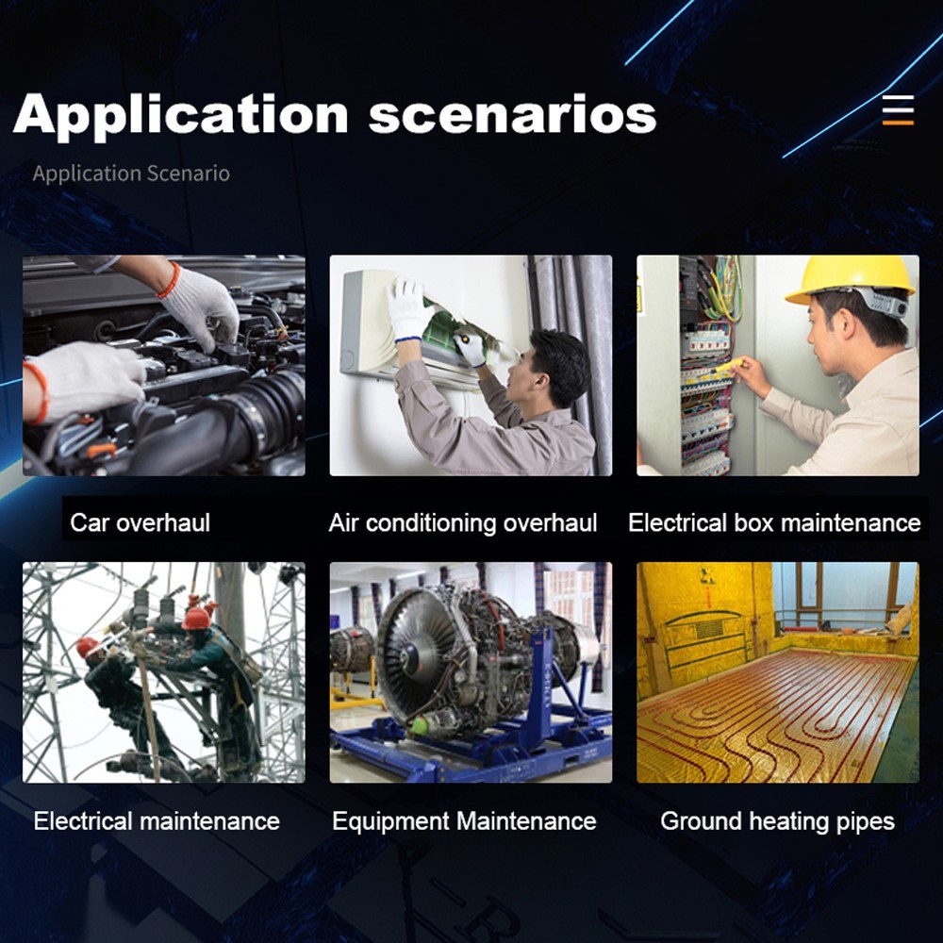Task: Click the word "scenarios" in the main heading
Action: (x=512, y=114)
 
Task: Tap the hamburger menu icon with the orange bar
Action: (x=898, y=109)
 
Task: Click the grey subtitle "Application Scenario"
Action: (x=131, y=174)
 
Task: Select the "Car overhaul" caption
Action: (x=140, y=522)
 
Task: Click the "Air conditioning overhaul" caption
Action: (x=462, y=522)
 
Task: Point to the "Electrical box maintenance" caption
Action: (x=774, y=522)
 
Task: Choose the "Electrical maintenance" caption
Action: (x=157, y=821)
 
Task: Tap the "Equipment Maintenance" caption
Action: (x=464, y=821)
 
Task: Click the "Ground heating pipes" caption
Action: (x=777, y=821)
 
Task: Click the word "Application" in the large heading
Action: (x=180, y=114)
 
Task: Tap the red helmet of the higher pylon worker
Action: (x=196, y=619)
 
